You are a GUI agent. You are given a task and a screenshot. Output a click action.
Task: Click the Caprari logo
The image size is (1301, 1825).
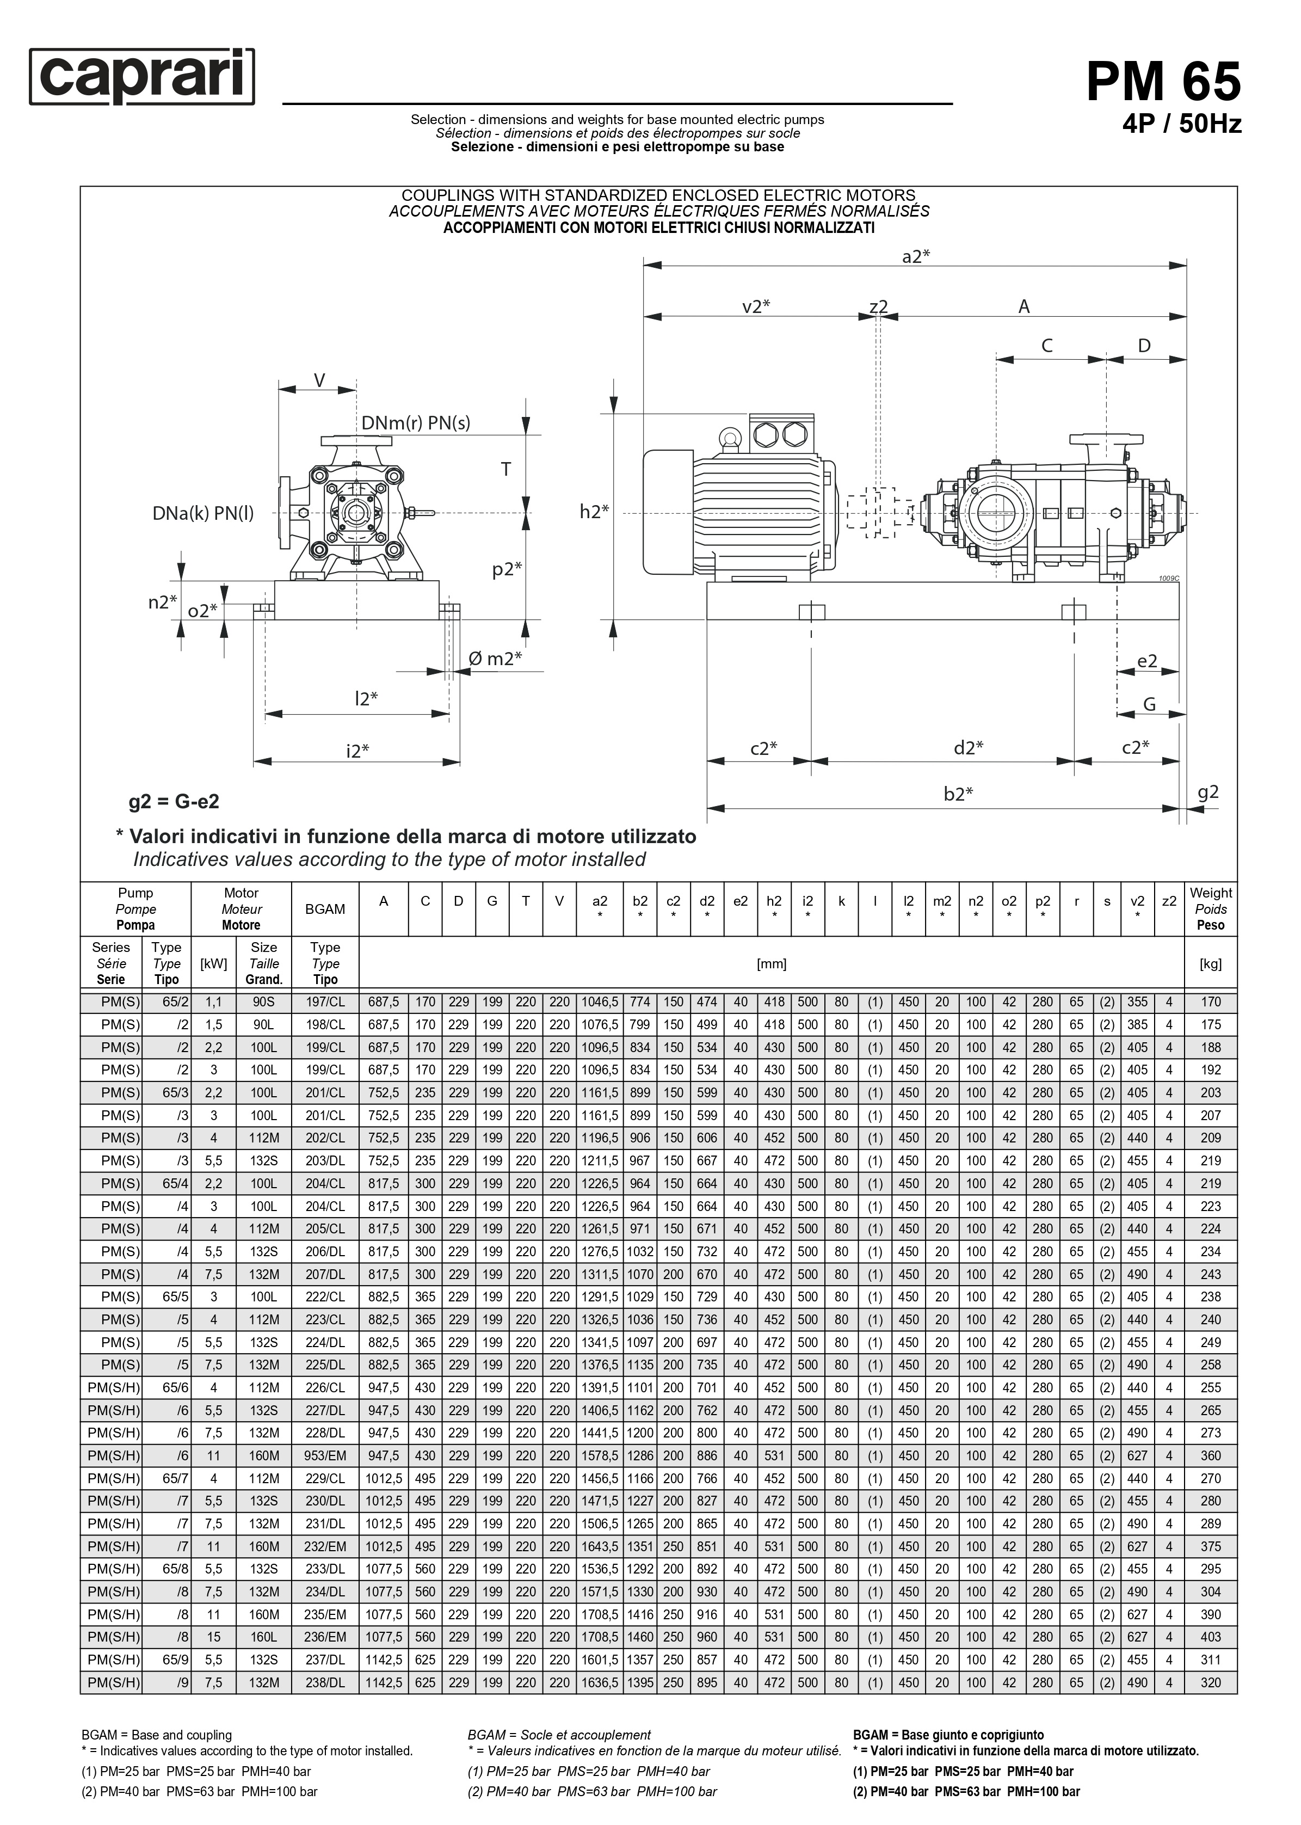[142, 77]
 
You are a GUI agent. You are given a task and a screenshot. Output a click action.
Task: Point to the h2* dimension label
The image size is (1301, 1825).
[594, 512]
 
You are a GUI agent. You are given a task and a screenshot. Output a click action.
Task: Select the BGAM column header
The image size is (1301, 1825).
[325, 910]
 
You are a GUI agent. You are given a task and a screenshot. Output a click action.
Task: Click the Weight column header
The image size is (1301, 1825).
[1211, 910]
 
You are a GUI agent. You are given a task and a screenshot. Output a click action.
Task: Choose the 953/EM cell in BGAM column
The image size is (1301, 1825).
[325, 1455]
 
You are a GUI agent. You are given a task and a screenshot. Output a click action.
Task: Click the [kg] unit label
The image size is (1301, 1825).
[1211, 964]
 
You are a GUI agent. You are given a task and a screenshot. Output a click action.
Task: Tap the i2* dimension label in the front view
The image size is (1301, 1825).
[357, 751]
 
